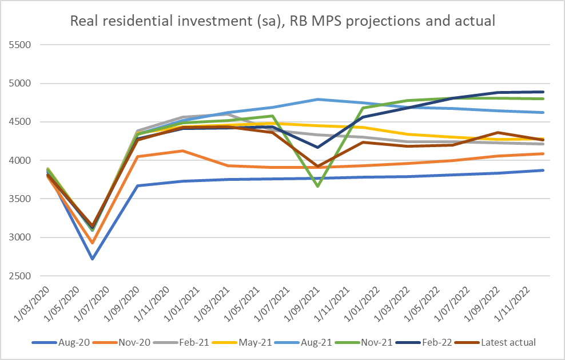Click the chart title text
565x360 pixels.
(x=282, y=21)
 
